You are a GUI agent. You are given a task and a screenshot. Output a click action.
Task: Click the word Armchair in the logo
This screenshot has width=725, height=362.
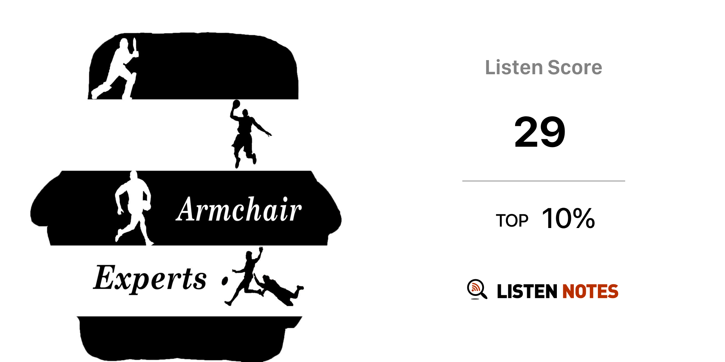coord(239,209)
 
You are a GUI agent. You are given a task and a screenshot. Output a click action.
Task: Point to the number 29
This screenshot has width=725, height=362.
coord(540,132)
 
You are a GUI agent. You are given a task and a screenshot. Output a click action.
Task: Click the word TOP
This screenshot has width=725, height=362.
coord(512,221)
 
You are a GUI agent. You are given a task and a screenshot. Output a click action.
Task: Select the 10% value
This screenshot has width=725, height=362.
coord(568,218)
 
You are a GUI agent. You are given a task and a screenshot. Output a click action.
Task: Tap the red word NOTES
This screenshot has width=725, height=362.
coord(590,291)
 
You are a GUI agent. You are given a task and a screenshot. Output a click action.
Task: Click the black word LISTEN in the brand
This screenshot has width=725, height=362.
coord(527,291)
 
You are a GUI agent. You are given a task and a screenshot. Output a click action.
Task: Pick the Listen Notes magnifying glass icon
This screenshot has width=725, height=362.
coord(476,289)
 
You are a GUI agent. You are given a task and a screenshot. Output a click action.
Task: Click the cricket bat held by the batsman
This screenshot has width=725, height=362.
coord(135,46)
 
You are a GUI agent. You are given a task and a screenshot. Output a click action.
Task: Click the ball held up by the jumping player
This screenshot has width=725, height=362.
coord(236,103)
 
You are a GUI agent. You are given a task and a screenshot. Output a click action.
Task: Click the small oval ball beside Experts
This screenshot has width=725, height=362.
coord(224,281)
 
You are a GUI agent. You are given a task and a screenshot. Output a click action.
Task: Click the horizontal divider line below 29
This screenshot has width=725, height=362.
coord(543,181)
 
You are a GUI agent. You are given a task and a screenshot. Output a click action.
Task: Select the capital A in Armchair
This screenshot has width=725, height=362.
coord(187,209)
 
